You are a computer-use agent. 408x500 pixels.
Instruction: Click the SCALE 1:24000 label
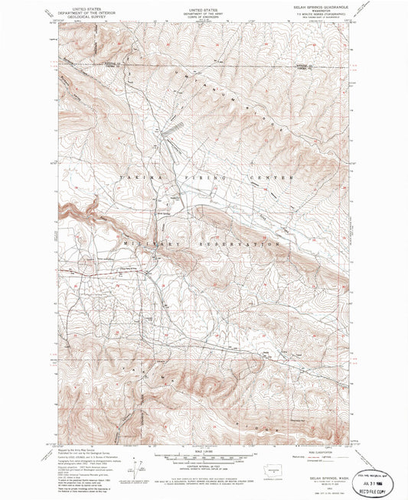click(203, 450)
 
